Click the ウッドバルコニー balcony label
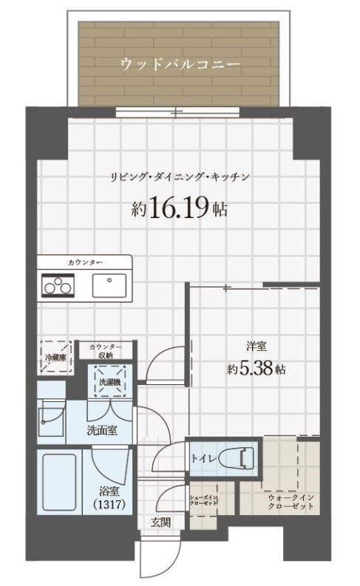click(x=180, y=65)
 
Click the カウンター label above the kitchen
click(x=85, y=263)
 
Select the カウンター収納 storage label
click(x=106, y=351)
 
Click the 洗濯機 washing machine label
click(x=109, y=382)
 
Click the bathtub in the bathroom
click(x=59, y=485)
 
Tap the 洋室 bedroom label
click(x=257, y=345)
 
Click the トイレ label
click(x=203, y=460)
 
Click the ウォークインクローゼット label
click(x=291, y=502)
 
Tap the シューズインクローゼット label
click(x=204, y=501)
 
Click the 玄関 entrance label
click(x=160, y=522)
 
